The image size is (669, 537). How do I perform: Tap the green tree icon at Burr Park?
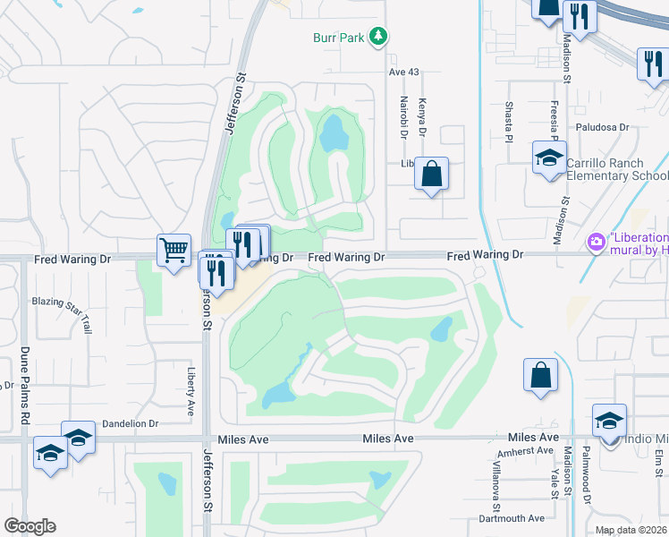point(380,36)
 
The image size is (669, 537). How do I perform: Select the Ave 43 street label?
point(403,72)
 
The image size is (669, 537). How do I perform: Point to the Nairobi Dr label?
point(404,117)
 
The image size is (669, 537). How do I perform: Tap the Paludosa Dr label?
point(599,128)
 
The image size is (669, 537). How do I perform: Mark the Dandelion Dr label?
point(130,423)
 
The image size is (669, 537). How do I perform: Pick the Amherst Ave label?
point(526,451)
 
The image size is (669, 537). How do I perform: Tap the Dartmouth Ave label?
point(512,518)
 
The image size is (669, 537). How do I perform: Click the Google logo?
point(30,526)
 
